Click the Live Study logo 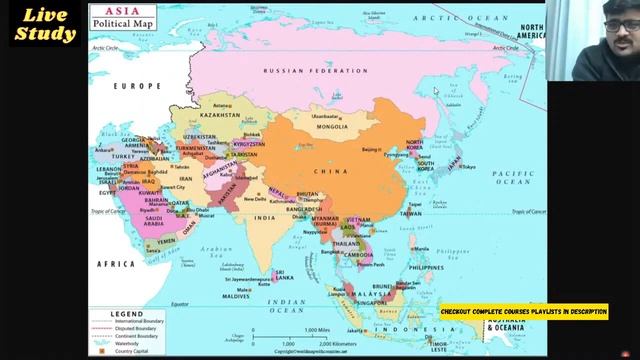(43, 25)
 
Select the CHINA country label (330, 172)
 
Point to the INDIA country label (264, 217)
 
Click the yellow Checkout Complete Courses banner (523, 312)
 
